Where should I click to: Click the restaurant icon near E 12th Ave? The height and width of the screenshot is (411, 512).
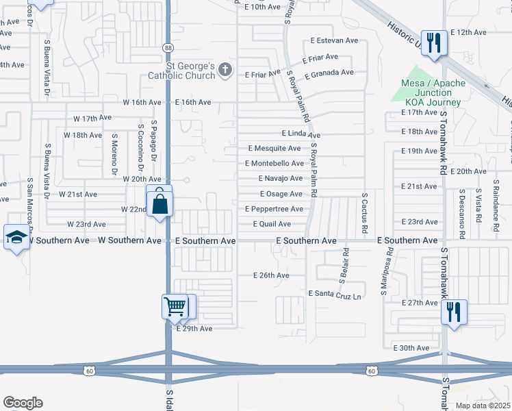433,42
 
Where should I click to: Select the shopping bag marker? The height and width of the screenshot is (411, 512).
159,203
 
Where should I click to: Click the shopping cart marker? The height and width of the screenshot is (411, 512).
175,306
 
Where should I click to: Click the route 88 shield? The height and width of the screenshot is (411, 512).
168,47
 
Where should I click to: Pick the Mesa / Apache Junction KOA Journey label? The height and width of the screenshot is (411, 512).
433,92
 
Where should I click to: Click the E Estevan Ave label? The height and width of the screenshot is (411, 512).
334,40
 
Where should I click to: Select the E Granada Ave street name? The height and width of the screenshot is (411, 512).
329,73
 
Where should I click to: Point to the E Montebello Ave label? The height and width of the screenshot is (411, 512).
276,164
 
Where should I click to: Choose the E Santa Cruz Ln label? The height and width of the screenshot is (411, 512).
335,294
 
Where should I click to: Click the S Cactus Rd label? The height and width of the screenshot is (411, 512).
365,212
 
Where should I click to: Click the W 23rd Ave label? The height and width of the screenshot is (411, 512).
86,224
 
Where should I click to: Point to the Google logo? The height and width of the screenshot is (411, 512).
23,403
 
